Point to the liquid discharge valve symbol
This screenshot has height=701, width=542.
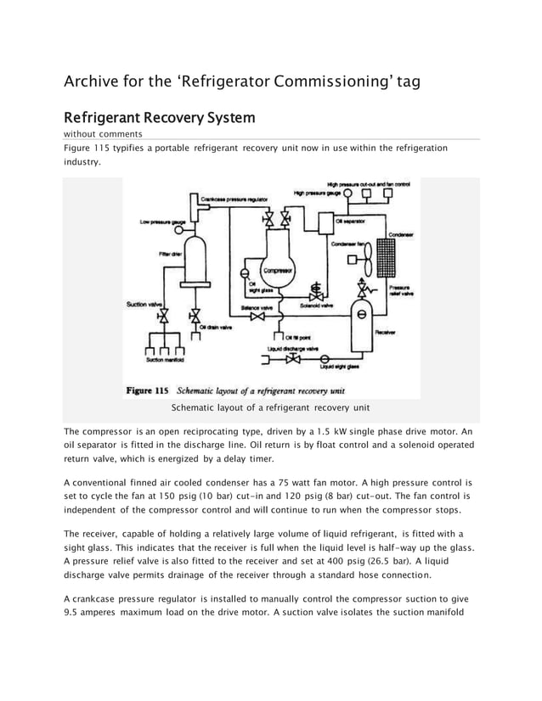[x=294, y=359]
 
